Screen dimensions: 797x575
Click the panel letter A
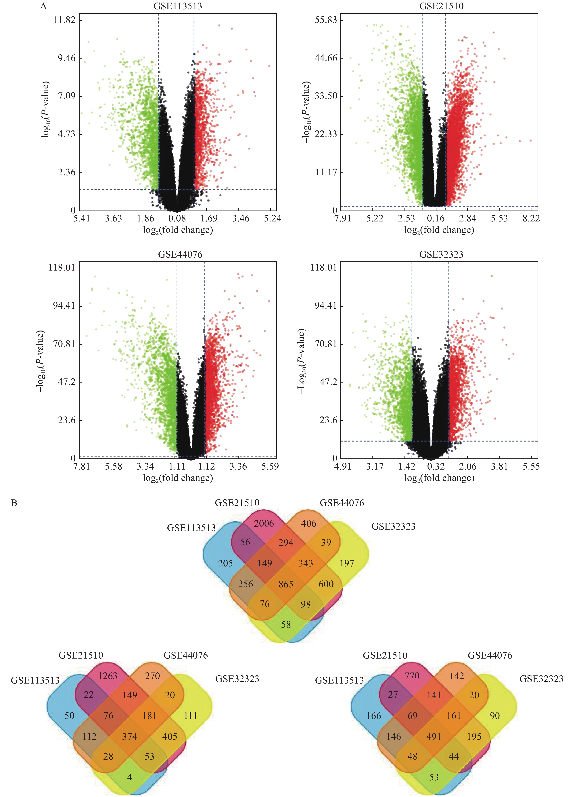43,6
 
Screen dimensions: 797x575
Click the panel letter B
14,503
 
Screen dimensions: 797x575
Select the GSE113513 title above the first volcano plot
178,6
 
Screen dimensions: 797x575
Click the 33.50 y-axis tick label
326,96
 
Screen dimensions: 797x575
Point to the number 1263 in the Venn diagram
108,676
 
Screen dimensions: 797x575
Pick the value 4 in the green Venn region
129,777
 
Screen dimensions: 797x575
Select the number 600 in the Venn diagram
326,584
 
